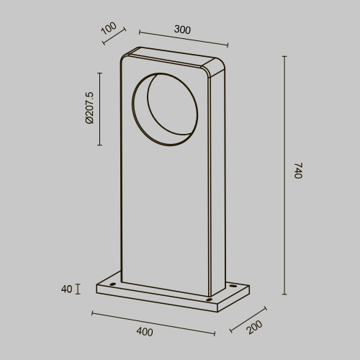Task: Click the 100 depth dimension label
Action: (x=109, y=29)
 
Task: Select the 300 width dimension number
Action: (x=183, y=30)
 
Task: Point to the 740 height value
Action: (x=298, y=171)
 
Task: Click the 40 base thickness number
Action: (x=66, y=289)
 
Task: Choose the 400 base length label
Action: (x=144, y=332)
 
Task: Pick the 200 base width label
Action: (x=254, y=328)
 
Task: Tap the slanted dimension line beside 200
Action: (x=248, y=318)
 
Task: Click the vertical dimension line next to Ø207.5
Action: (x=99, y=108)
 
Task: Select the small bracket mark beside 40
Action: (x=77, y=289)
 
